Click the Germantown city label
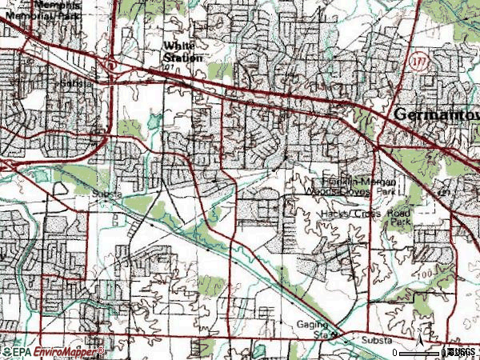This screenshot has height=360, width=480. click(x=437, y=115)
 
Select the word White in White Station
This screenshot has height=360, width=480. click(x=178, y=46)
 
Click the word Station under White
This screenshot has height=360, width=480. click(x=183, y=58)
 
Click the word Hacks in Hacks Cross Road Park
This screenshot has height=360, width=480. click(x=335, y=214)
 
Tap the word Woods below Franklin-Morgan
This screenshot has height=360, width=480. click(x=318, y=192)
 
